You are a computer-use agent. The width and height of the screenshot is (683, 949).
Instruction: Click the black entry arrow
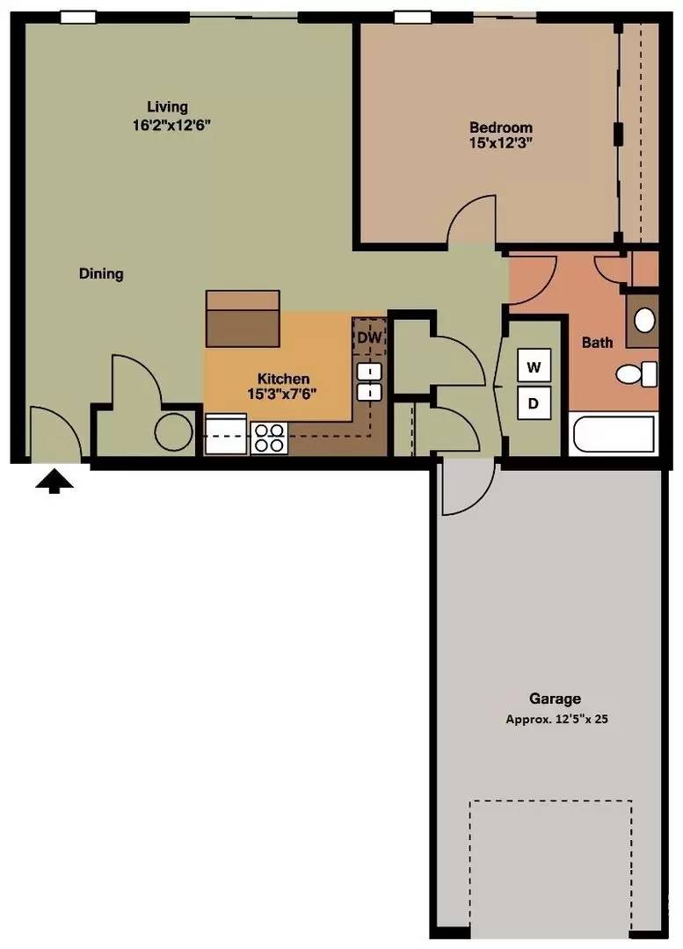pyautogui.click(x=54, y=482)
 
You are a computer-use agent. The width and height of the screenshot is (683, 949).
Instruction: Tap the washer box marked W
pyautogui.click(x=534, y=366)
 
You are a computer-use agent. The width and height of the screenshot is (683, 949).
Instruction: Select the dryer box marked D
pyautogui.click(x=534, y=403)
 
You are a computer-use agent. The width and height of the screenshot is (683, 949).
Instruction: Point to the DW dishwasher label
pyautogui.click(x=368, y=337)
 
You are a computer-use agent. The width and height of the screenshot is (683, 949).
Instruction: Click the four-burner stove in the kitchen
pyautogui.click(x=269, y=438)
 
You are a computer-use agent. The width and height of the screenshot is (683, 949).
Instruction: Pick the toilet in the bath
pyautogui.click(x=637, y=374)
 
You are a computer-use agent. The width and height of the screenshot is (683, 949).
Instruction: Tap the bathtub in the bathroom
pyautogui.click(x=614, y=434)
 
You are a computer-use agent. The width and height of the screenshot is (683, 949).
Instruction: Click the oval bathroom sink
pyautogui.click(x=644, y=320)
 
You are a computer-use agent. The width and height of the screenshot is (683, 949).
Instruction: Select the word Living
pyautogui.click(x=168, y=107)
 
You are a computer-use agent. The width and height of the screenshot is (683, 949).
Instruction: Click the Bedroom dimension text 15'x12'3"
pyautogui.click(x=501, y=143)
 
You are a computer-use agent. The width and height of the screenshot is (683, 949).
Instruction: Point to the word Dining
pyautogui.click(x=101, y=273)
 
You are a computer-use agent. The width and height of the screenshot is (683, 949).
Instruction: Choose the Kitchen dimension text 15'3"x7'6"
pyautogui.click(x=283, y=394)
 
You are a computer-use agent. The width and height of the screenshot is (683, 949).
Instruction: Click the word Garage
pyautogui.click(x=556, y=699)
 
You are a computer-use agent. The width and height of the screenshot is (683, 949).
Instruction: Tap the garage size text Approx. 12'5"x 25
pyautogui.click(x=556, y=720)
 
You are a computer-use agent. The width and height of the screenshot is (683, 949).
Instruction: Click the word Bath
pyautogui.click(x=597, y=343)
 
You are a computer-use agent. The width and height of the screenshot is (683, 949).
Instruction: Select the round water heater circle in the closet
pyautogui.click(x=174, y=431)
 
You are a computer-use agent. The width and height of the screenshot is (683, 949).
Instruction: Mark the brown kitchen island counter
pyautogui.click(x=243, y=318)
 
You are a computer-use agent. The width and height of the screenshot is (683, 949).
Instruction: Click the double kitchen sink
pyautogui.click(x=368, y=382)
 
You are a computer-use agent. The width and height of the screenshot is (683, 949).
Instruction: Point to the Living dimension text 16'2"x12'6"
pyautogui.click(x=171, y=126)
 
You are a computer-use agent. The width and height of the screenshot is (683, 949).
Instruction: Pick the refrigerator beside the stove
pyautogui.click(x=227, y=434)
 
